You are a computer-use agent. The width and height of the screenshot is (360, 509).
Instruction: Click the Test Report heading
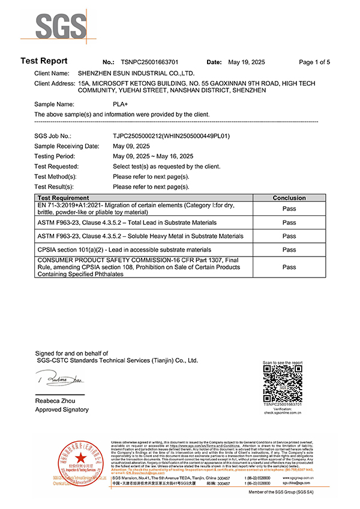(44, 61)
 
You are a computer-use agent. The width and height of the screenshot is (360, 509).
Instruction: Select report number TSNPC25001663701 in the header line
(151, 62)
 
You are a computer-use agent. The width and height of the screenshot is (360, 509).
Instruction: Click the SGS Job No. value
(171, 136)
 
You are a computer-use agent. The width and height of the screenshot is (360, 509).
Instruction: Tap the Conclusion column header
(289, 198)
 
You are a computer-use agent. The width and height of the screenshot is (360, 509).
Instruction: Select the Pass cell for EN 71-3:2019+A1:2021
(289, 209)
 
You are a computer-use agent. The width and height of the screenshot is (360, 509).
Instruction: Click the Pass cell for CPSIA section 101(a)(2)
(289, 249)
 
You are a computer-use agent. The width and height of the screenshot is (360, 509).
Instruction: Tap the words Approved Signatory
(62, 409)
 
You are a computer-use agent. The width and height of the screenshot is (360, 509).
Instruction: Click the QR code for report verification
(283, 384)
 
